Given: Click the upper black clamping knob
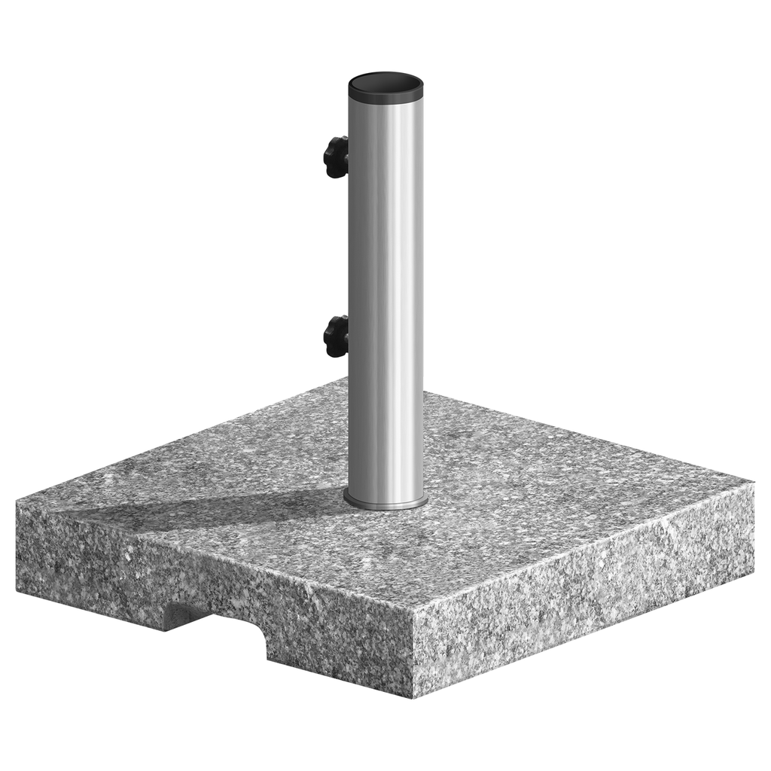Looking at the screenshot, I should [x=336, y=157].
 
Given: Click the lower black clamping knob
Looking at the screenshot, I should [x=336, y=337].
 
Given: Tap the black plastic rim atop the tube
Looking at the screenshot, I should [x=385, y=96].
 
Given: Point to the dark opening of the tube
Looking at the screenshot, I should [x=385, y=82].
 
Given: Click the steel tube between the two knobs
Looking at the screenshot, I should [x=385, y=248].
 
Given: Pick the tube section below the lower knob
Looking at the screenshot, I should [x=385, y=422].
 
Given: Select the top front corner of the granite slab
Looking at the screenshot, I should [x=413, y=608].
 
